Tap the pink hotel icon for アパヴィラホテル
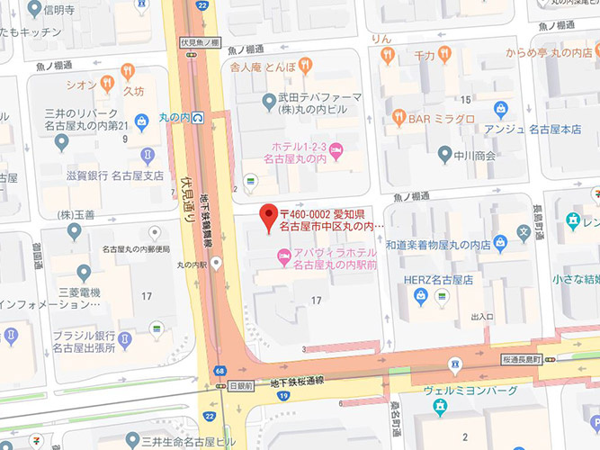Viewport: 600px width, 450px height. [x=282, y=260]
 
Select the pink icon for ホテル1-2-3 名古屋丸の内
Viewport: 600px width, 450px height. [x=335, y=153]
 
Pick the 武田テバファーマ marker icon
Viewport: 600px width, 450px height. [x=268, y=100]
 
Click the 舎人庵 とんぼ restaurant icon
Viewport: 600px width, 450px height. [x=305, y=65]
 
